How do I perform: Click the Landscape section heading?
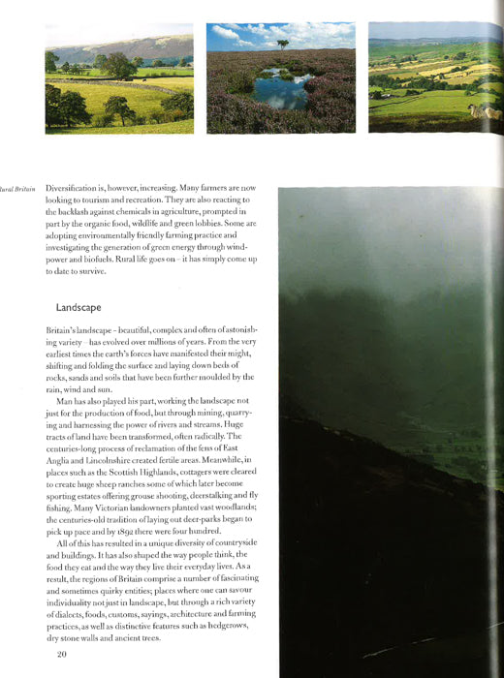pos(79,307)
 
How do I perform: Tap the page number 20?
pos(61,655)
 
